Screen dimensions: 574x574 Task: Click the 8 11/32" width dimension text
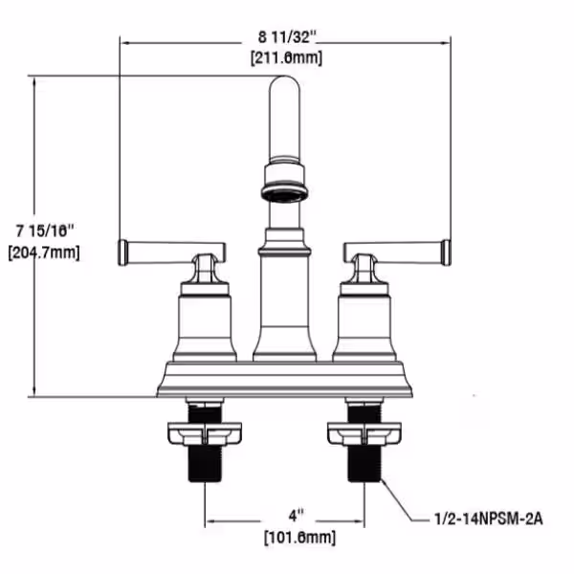(x=287, y=37)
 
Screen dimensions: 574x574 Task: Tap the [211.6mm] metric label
(x=287, y=57)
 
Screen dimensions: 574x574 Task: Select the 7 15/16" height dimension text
(x=45, y=231)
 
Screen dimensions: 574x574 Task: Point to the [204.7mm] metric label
(x=44, y=253)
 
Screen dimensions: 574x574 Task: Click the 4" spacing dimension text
(x=297, y=517)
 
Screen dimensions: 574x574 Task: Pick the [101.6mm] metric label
(x=299, y=538)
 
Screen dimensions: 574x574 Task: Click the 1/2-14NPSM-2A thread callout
(x=489, y=519)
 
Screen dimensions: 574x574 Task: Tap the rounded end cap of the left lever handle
(x=123, y=253)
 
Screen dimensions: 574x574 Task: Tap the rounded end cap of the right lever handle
(x=446, y=253)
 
